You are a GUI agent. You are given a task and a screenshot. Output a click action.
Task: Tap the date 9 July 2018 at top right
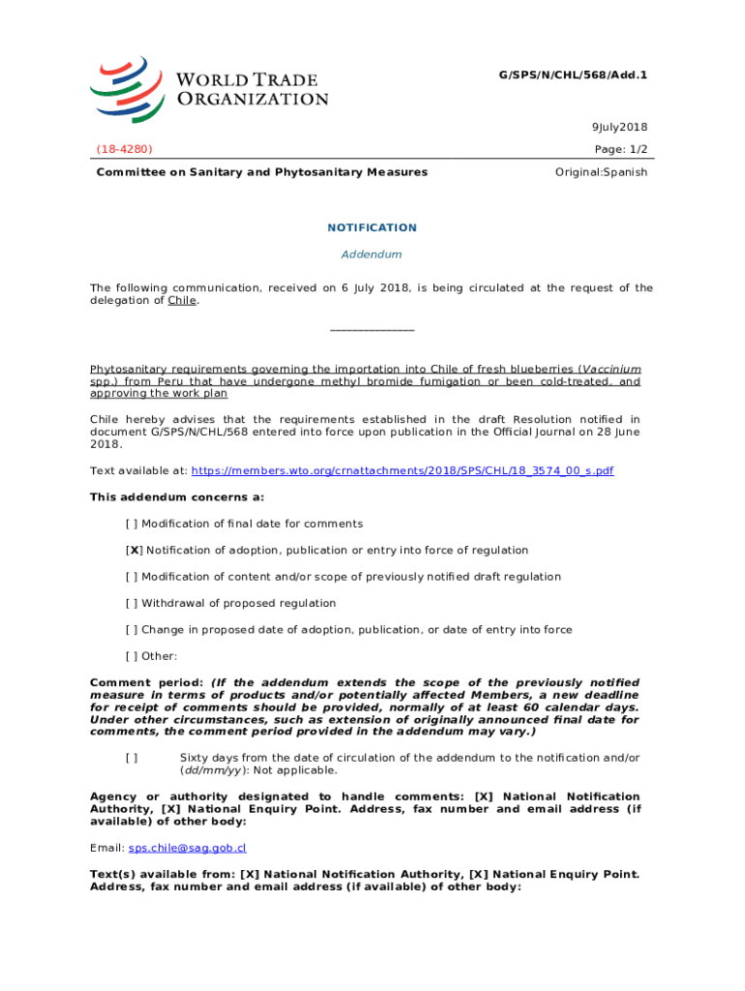coord(619,127)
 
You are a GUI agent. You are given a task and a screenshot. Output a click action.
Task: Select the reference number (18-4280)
coord(124,149)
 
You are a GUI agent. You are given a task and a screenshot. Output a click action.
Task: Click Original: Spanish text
coord(601,172)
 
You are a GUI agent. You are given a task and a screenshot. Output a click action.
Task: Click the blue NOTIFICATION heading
coord(372,227)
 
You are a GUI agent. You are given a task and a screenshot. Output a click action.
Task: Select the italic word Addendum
coord(372,255)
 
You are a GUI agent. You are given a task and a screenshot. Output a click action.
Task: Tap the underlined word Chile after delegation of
coord(182,301)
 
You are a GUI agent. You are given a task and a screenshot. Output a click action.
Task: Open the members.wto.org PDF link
coord(402,470)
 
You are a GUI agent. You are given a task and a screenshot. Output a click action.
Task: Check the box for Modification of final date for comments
coord(132,524)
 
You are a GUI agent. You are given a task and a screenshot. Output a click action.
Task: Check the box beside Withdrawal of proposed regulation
coord(132,603)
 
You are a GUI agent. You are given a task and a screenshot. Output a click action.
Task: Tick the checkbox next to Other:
coord(132,656)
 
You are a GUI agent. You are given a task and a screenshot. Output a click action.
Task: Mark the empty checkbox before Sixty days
coord(132,757)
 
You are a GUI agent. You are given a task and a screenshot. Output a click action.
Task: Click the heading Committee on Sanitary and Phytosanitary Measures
coord(261,172)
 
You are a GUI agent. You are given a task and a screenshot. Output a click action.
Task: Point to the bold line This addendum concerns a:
coord(177,496)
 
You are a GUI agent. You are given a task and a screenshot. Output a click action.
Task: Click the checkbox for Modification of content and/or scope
coord(132,577)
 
